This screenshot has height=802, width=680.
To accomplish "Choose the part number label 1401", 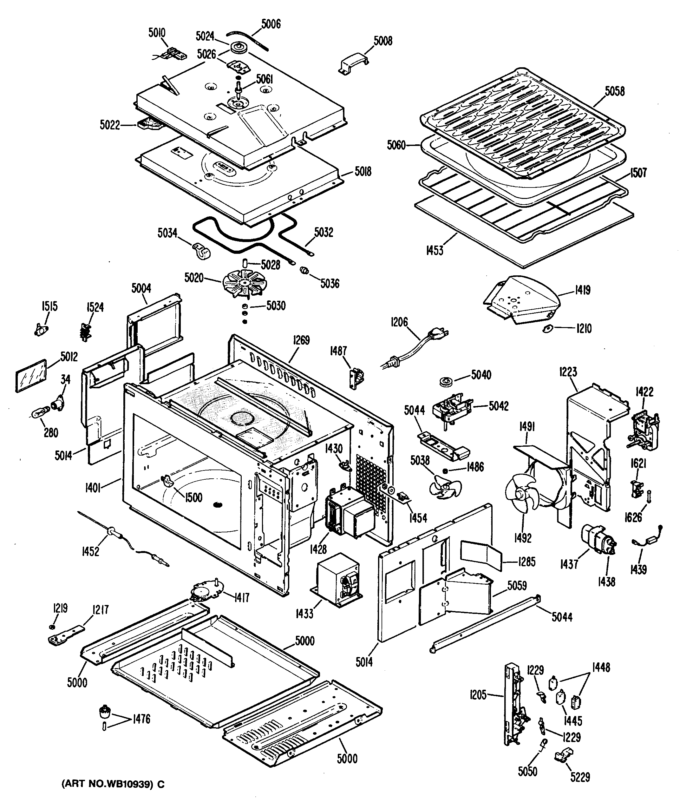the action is (x=93, y=488).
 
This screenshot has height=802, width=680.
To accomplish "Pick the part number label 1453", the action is (x=435, y=250).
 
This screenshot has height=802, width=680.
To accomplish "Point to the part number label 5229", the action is (x=580, y=777).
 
